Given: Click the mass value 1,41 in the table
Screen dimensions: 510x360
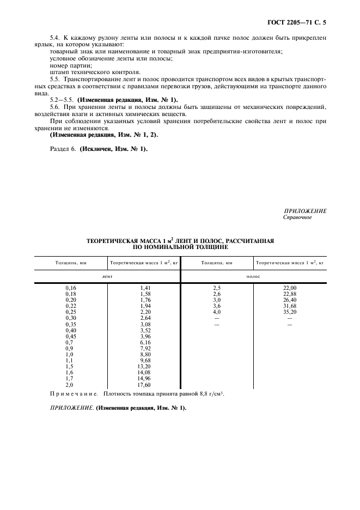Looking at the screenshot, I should point(144,287).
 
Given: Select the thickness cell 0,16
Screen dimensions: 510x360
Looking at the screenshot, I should point(71,287).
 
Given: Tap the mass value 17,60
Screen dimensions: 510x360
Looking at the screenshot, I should point(144,384).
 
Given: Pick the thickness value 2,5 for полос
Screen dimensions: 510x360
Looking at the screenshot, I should point(217,287).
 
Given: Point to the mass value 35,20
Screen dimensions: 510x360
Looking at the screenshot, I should point(289,312).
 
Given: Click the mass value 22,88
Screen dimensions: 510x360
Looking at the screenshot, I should point(289,293).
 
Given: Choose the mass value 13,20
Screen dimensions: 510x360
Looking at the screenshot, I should point(144,366).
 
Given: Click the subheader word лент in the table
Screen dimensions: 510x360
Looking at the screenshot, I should point(107,276).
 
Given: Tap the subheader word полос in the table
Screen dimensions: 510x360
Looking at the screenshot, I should point(253,276).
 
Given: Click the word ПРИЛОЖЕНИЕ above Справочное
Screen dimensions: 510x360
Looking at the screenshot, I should point(306,211).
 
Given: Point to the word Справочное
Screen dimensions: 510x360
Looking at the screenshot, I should point(297,217).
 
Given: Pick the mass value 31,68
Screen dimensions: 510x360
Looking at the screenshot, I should point(289,306).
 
